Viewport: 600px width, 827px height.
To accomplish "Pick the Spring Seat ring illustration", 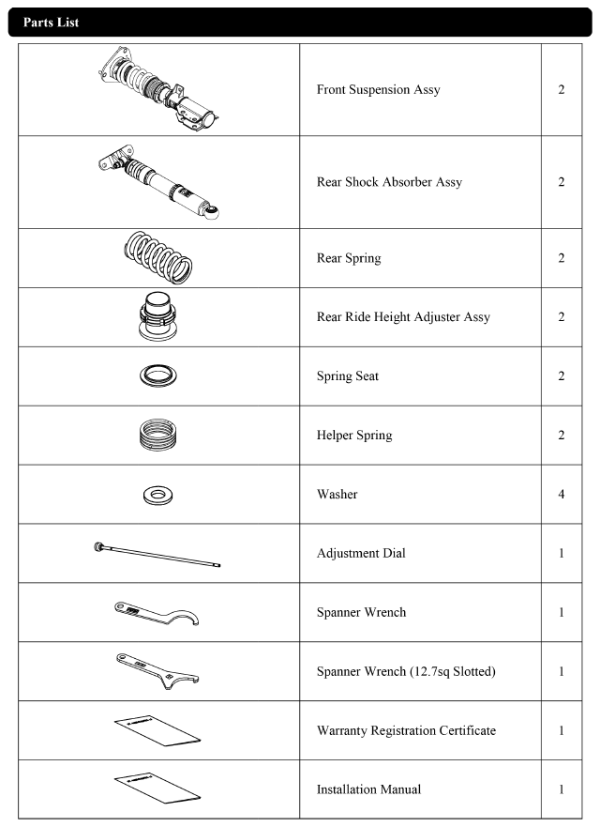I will (159, 375).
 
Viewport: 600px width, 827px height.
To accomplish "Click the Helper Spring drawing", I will (159, 434).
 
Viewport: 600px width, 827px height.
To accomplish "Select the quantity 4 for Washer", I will (561, 493).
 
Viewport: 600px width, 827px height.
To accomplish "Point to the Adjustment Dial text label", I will (360, 553).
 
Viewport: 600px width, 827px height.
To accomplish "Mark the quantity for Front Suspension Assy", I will (561, 90).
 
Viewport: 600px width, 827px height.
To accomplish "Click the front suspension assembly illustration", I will (161, 89).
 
